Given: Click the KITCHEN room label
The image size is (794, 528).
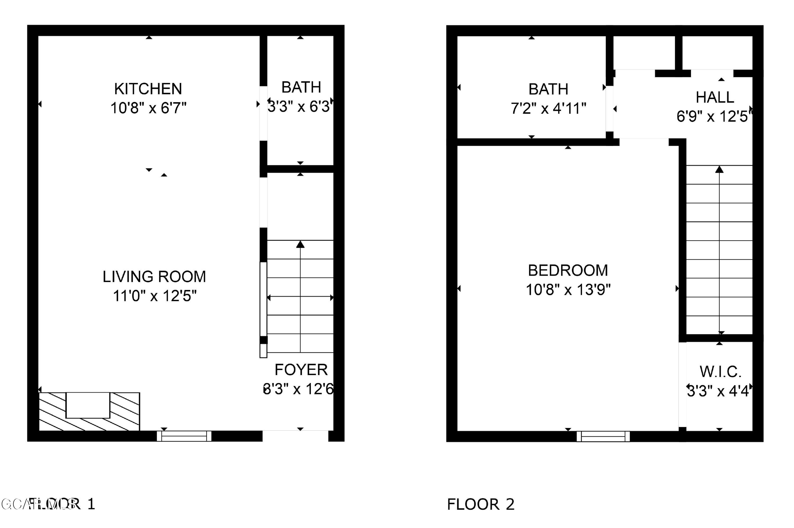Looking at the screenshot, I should pos(148,89).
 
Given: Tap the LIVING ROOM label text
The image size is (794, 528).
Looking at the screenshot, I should pos(154,277).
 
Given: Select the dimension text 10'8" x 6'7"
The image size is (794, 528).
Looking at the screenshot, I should pos(148,108).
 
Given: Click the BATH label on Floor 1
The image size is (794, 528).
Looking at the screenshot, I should pos(301,88).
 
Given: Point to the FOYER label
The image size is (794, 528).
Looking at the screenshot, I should pos(301,370).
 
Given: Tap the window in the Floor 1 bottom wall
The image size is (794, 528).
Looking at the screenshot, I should pos(184,436).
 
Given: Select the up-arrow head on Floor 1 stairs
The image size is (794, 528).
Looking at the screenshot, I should pos(300,244).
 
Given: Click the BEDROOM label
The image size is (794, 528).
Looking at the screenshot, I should pos(568,270).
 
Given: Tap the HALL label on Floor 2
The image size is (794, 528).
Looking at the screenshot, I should pos(715,98).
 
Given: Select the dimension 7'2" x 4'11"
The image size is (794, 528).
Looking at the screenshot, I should pos(548,109).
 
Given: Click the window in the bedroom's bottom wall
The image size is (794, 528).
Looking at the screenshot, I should pos(603,436).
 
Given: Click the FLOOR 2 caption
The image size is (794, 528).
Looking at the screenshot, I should pos(481,504).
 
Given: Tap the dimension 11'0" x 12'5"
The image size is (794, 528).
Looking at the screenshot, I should pos(155,296).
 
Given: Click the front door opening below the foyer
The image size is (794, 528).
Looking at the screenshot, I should pos(295,436).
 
